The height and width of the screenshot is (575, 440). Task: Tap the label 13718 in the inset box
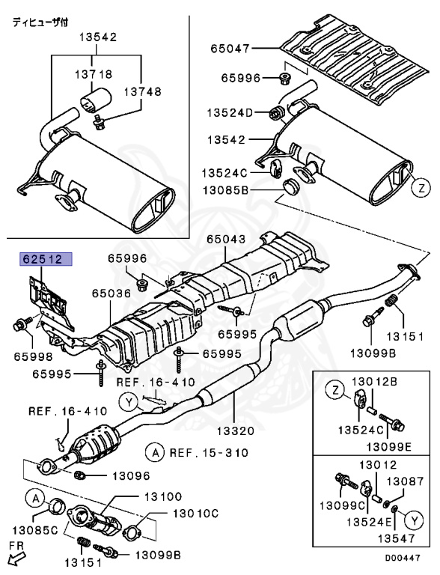click(94, 74)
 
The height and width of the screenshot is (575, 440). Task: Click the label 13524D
click(233, 113)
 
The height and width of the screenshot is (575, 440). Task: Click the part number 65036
click(111, 295)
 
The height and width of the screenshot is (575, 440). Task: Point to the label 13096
click(131, 475)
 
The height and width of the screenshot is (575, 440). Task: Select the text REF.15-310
click(201, 452)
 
